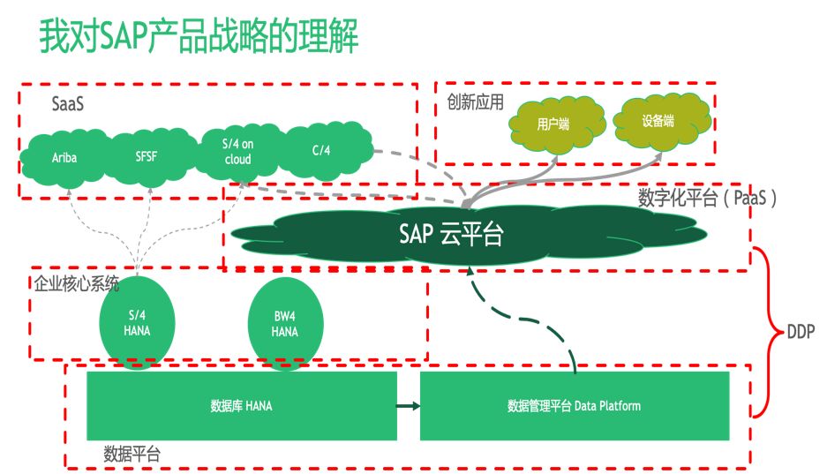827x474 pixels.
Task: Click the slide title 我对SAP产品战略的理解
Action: click(x=199, y=38)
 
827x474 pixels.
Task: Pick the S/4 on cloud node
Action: click(x=237, y=152)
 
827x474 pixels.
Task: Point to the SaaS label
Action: click(x=68, y=104)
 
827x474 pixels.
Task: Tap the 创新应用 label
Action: click(x=476, y=102)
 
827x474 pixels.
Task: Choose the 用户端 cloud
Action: click(x=553, y=124)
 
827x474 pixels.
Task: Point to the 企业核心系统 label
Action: click(x=76, y=284)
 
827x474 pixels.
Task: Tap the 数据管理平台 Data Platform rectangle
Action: click(x=574, y=406)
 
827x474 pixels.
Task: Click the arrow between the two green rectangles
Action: click(x=406, y=406)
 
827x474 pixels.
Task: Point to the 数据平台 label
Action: click(x=132, y=455)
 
